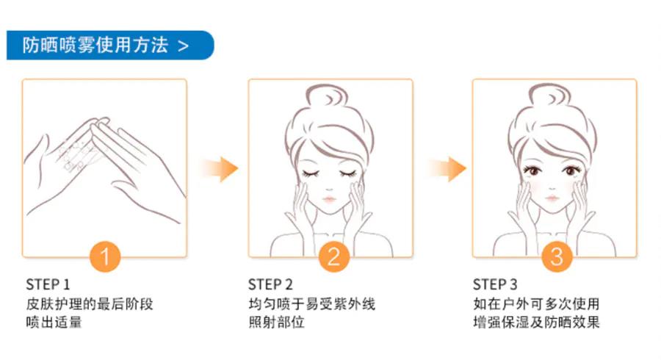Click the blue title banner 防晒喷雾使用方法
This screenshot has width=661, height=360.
(x=110, y=45)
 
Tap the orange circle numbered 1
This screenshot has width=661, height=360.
(x=105, y=256)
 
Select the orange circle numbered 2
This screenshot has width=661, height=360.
(x=333, y=256)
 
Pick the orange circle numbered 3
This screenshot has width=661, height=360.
(x=557, y=256)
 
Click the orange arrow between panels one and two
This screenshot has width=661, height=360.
(x=220, y=169)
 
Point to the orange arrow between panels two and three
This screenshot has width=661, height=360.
(x=448, y=169)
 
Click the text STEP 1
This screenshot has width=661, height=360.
(x=48, y=284)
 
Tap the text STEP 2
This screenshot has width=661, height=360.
(x=270, y=284)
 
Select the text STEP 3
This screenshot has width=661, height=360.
(x=494, y=284)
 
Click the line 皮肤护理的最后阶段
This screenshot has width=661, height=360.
(x=90, y=304)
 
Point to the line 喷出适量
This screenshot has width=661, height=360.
(x=54, y=323)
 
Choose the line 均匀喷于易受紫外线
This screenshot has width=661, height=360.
(x=311, y=304)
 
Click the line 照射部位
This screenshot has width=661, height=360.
(x=276, y=323)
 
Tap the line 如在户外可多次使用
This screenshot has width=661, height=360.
(x=536, y=304)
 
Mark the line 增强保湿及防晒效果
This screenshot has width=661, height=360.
(x=536, y=323)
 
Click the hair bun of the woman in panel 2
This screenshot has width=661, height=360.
(x=327, y=96)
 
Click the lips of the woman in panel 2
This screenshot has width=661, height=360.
(x=329, y=199)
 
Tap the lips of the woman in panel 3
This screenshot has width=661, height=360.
(x=552, y=198)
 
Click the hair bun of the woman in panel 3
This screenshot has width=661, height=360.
(x=549, y=96)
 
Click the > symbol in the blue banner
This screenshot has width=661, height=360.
(x=183, y=46)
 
